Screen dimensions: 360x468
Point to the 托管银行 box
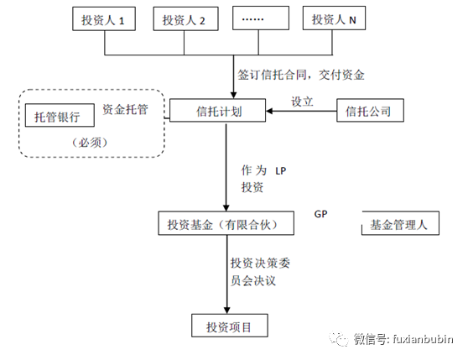(58, 117)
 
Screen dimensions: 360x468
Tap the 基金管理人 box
(399, 224)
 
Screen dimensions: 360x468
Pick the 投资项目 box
(228, 325)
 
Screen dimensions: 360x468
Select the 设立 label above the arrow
(302, 101)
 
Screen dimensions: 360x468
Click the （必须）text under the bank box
(91, 142)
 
